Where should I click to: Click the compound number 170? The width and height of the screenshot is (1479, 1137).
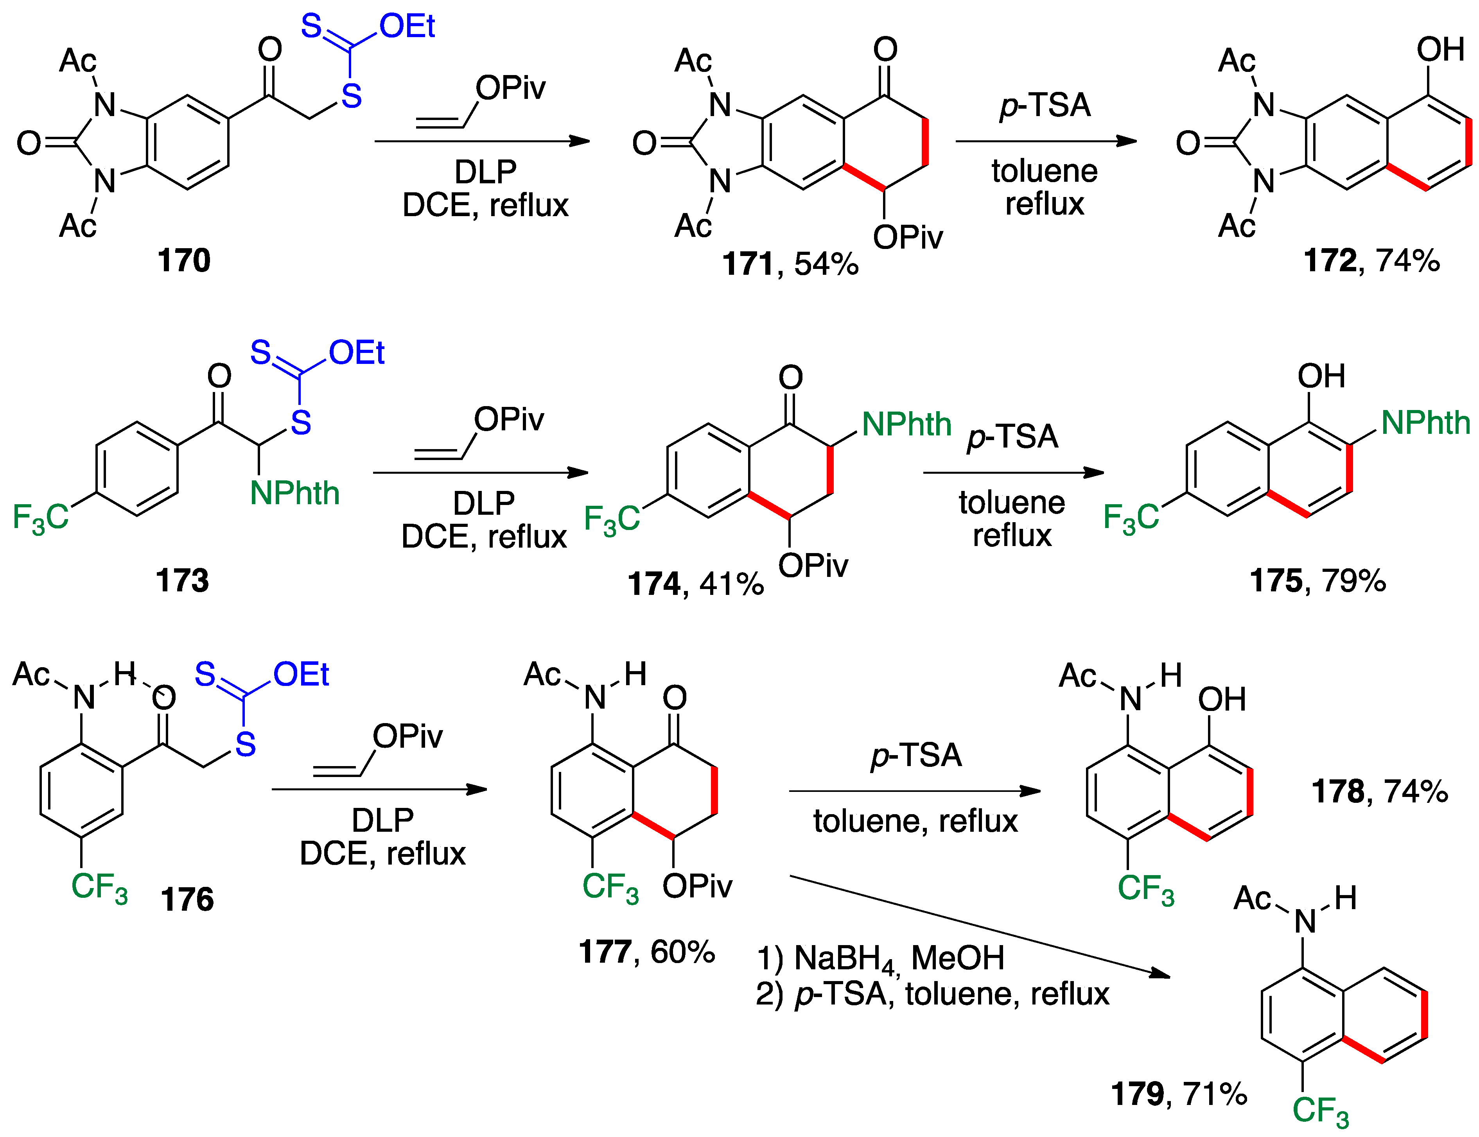183,261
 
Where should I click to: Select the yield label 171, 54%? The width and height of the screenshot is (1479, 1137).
790,264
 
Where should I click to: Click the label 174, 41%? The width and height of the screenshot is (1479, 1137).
695,584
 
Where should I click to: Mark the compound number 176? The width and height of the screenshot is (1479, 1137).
187,899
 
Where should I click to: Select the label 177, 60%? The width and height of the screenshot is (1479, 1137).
646,952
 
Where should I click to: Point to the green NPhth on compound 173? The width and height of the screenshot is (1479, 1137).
294,493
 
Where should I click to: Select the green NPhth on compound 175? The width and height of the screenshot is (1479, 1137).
1425,423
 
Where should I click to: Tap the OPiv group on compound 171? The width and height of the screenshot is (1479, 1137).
907,237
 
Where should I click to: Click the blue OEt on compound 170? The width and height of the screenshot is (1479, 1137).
407,27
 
